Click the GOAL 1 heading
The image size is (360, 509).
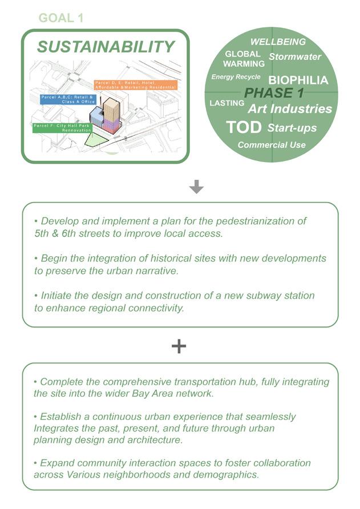[60, 18]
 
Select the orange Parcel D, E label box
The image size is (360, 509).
[135, 84]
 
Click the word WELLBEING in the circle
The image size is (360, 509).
[278, 42]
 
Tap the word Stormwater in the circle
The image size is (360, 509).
[295, 56]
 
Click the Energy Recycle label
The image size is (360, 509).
[236, 76]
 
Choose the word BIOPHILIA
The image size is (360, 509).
[298, 80]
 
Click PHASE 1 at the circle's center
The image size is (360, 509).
[274, 93]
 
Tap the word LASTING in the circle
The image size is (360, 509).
[227, 103]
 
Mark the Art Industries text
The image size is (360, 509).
[290, 108]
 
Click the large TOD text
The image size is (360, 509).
[244, 127]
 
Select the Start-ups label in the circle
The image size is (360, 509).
[292, 128]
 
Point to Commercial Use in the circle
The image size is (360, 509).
[272, 145]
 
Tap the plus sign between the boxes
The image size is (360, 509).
[179, 346]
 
